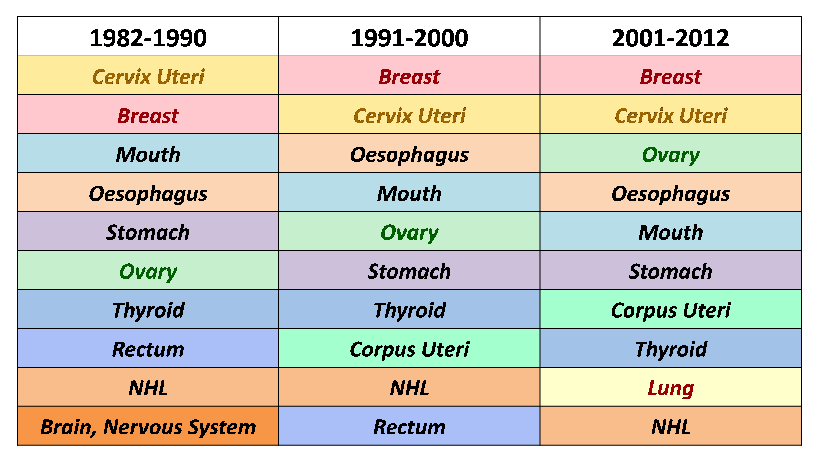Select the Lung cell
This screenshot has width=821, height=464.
[670, 387]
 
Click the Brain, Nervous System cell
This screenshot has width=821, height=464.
[148, 426]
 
